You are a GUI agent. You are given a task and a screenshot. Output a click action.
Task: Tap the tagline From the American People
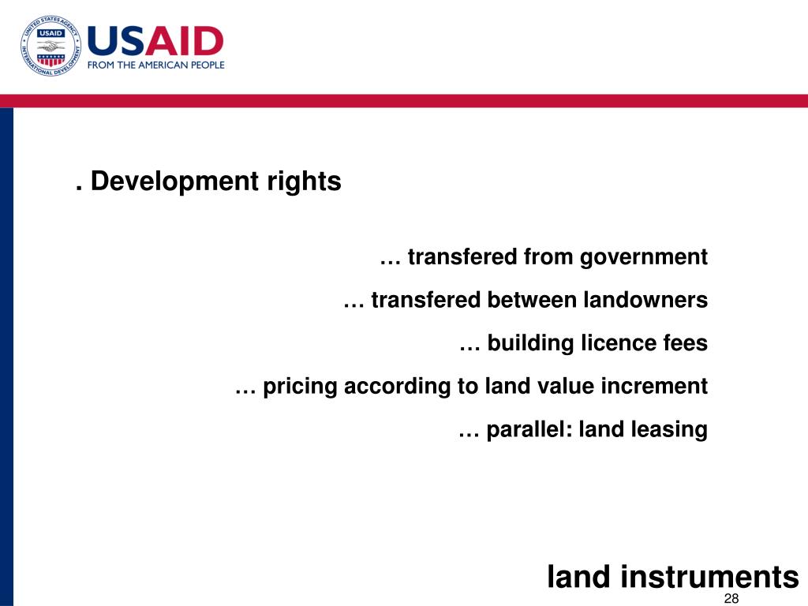[x=155, y=65]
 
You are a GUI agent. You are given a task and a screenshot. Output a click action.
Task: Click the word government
[x=644, y=257]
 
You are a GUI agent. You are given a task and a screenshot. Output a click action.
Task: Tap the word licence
[x=614, y=343]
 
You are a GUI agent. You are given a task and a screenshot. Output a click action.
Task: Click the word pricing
[x=300, y=387]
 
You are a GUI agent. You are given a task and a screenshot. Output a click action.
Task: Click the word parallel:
[x=529, y=430]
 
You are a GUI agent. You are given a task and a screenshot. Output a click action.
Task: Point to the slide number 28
[x=731, y=598]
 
